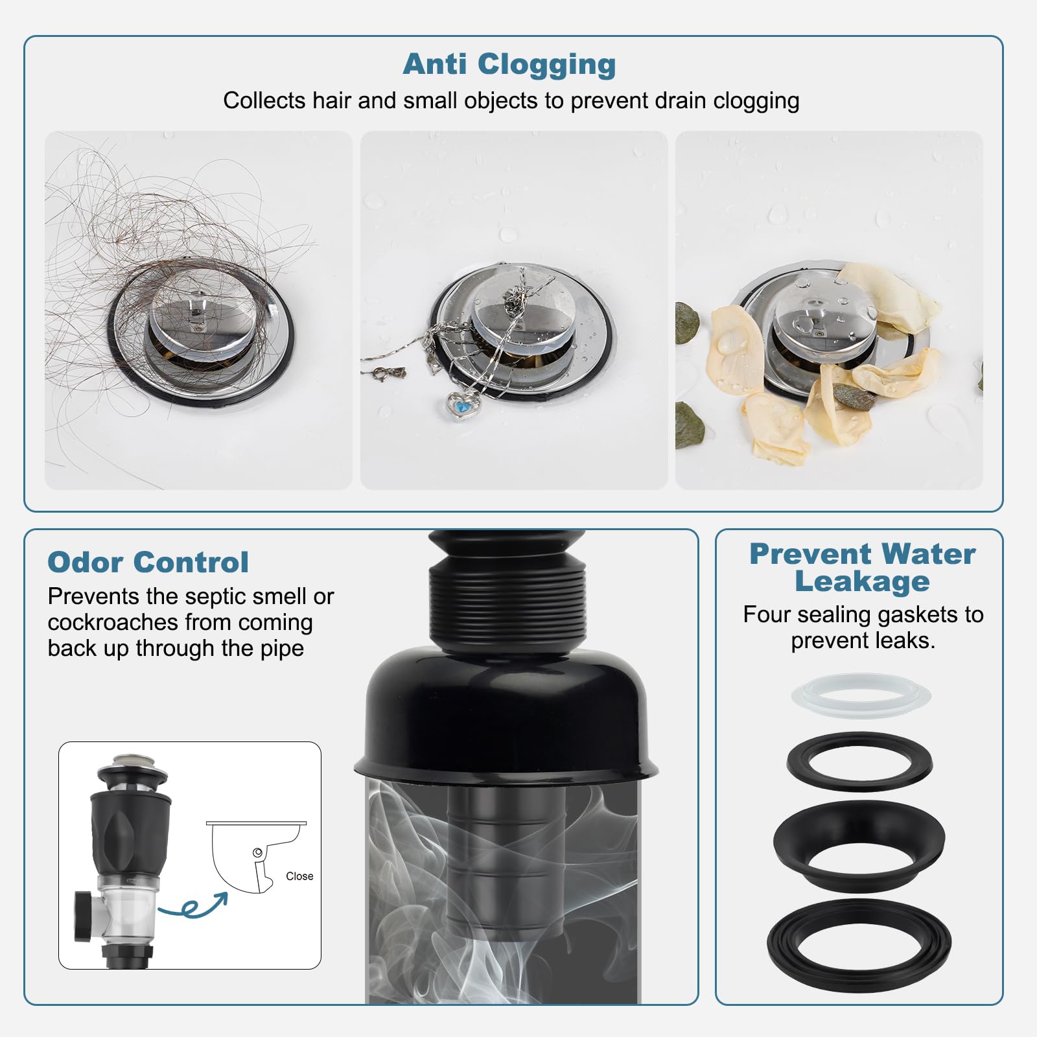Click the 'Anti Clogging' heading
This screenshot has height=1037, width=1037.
point(509,65)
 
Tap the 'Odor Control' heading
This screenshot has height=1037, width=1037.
point(148,562)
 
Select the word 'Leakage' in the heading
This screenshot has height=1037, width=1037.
point(862,581)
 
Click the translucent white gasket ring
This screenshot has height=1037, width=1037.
point(861,695)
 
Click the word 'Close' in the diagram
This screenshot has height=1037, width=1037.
point(299,876)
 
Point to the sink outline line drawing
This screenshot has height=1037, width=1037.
point(257,856)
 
